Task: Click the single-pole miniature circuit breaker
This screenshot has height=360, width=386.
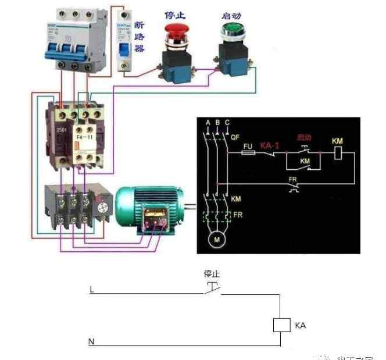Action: coord(124,44)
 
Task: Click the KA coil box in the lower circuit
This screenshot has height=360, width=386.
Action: coord(281,326)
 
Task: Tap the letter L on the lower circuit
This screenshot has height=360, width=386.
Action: coord(91,289)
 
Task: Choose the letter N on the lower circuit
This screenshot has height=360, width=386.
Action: coord(91,342)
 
